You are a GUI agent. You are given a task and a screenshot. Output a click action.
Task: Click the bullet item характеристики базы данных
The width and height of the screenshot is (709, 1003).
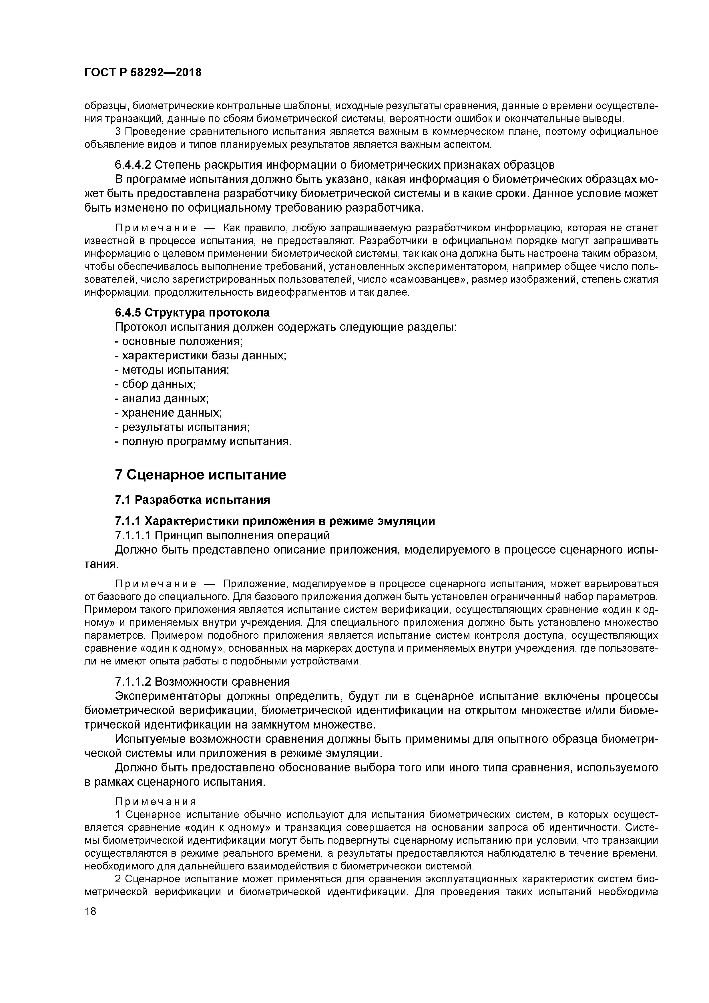(x=200, y=356)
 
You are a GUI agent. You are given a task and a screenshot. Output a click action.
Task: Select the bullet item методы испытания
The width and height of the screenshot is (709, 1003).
(x=172, y=370)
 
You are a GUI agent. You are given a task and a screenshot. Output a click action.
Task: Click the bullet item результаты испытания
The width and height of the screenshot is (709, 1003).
(x=182, y=427)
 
